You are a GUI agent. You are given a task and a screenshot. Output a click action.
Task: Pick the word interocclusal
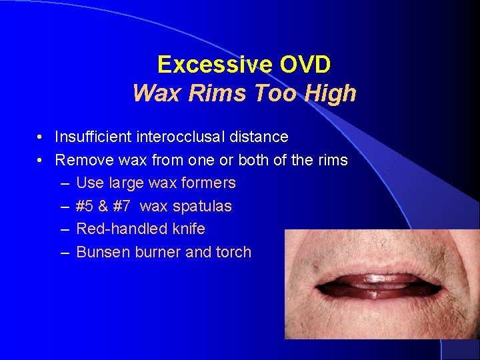pyautogui.click(x=179, y=137)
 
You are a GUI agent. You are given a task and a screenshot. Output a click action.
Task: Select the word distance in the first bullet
pyautogui.click(x=259, y=137)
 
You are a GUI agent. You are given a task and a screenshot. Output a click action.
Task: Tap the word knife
pyautogui.click(x=187, y=229)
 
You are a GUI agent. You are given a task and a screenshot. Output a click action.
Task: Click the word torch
pyautogui.click(x=233, y=252)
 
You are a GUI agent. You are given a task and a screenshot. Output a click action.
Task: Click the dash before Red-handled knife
pyautogui.click(x=64, y=229)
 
